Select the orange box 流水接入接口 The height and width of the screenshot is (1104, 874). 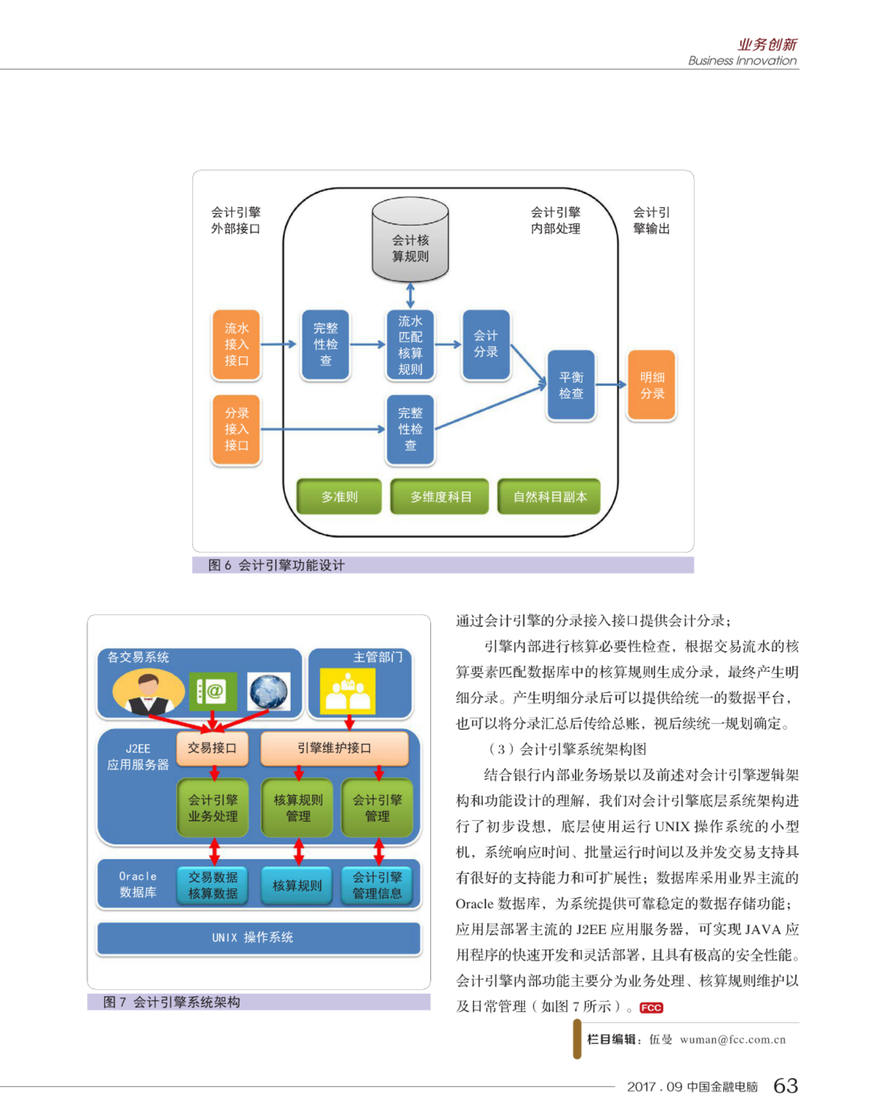tap(237, 345)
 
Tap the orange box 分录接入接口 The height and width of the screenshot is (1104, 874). tap(237, 430)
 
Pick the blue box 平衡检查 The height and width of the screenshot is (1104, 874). tap(571, 385)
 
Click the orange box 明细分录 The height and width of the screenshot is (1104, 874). tap(652, 385)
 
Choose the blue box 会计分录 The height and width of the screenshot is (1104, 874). tap(486, 345)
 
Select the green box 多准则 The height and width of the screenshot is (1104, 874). tap(339, 496)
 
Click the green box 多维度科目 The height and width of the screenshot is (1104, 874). tap(440, 496)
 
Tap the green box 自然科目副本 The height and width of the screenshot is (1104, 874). tap(549, 496)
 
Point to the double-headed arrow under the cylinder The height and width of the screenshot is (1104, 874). tap(410, 296)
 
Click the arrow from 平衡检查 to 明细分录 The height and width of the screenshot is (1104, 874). tap(612, 384)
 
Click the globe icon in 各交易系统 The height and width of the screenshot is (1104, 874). tap(269, 691)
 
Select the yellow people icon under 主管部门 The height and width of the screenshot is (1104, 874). tap(347, 691)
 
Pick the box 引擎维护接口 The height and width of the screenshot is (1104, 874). tap(335, 748)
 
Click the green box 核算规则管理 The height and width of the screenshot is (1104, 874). tap(298, 808)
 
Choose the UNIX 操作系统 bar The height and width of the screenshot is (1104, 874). tap(259, 938)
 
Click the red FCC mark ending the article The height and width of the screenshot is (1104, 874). tap(651, 1008)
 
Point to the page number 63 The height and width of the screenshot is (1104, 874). tap(785, 1085)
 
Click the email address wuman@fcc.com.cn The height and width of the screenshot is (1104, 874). tap(733, 1040)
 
